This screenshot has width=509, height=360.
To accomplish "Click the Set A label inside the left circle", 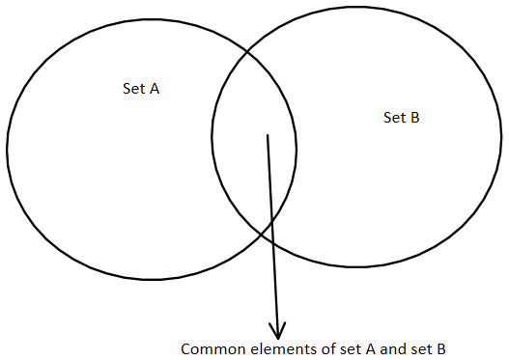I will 142,89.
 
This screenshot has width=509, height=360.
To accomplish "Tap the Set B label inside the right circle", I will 402,118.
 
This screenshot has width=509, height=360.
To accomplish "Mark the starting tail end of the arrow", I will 268,135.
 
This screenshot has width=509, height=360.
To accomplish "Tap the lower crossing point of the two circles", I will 269,231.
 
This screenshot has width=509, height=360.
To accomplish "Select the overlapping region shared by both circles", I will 255,145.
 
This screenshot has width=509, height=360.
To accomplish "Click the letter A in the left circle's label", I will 155,89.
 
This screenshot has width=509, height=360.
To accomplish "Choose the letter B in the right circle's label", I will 414,118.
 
